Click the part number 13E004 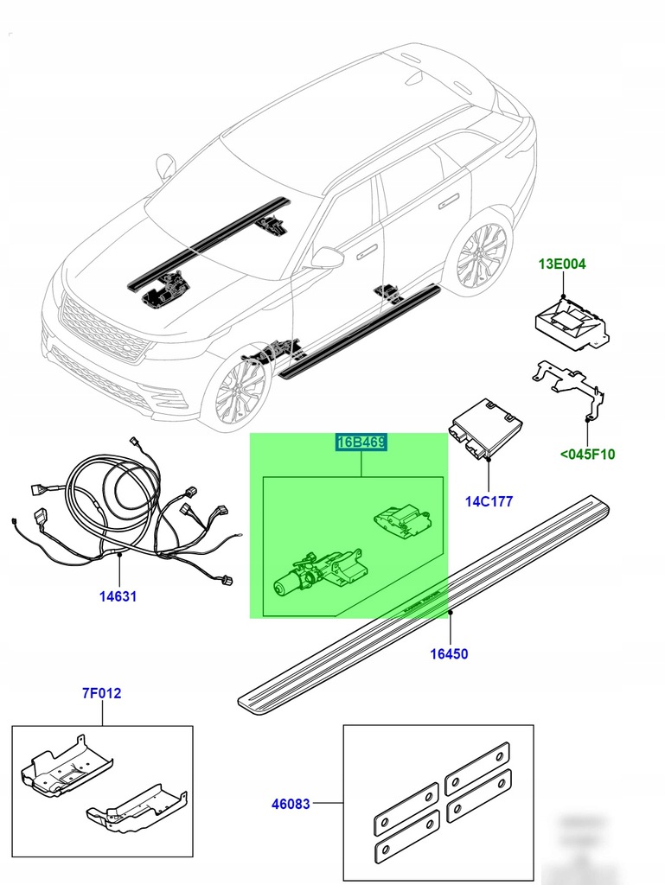[564, 263]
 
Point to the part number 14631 [118, 596]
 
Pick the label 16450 [449, 653]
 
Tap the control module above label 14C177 [484, 428]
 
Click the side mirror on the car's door [328, 257]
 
